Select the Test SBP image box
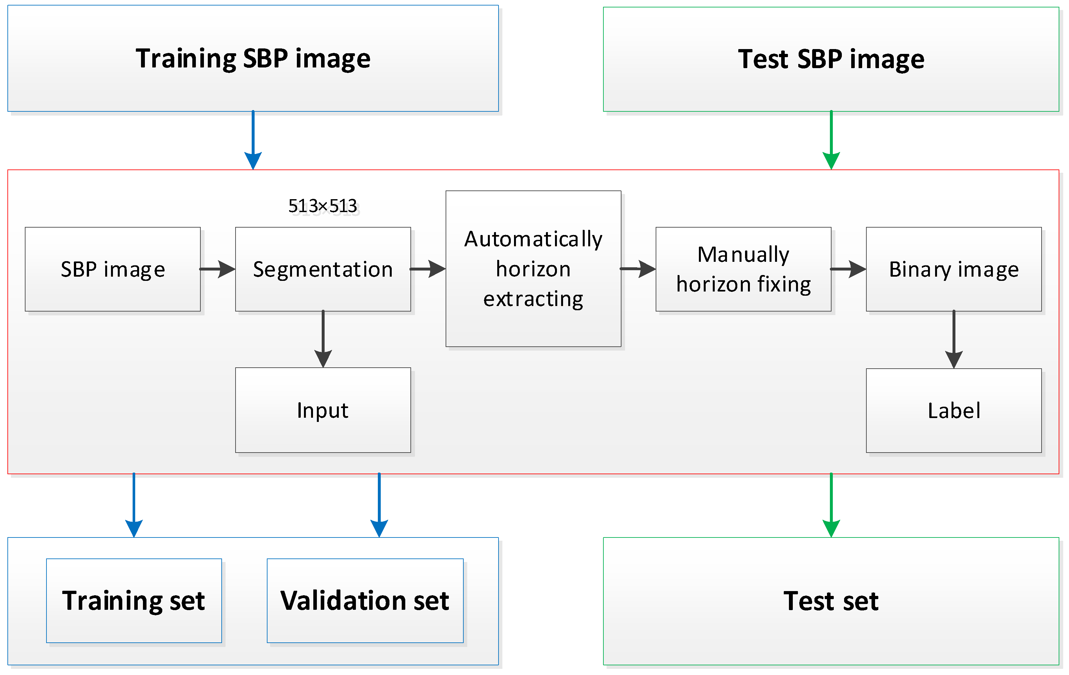[x=831, y=59]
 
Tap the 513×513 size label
[x=323, y=206]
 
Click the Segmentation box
[x=323, y=269]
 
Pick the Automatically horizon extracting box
[x=533, y=269]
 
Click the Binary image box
[x=953, y=269]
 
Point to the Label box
[x=953, y=410]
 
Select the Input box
[x=323, y=410]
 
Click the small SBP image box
[x=113, y=269]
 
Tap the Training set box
[x=134, y=600]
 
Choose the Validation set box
[x=365, y=600]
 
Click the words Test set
[x=831, y=601]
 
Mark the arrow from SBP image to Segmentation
[x=217, y=269]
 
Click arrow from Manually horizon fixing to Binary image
[x=848, y=269]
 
